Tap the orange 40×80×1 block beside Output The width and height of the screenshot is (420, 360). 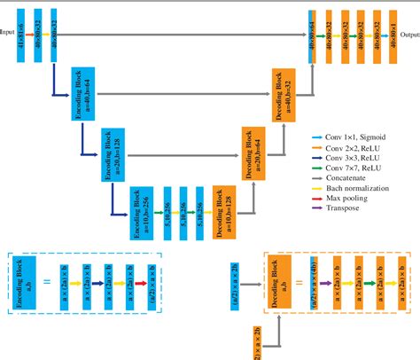(393, 35)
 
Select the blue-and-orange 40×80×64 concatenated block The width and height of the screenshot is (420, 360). (312, 35)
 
